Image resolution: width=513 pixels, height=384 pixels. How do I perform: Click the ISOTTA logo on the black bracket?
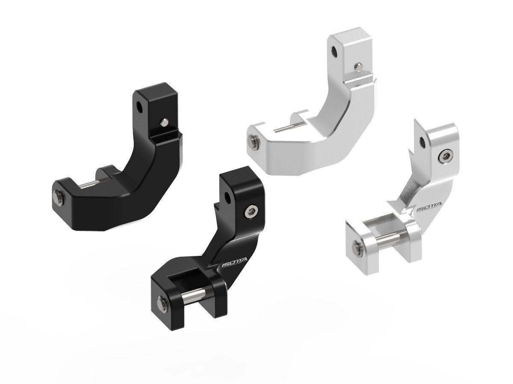[x=229, y=265]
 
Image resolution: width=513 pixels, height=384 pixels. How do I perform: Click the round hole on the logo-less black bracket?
[x=141, y=107]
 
